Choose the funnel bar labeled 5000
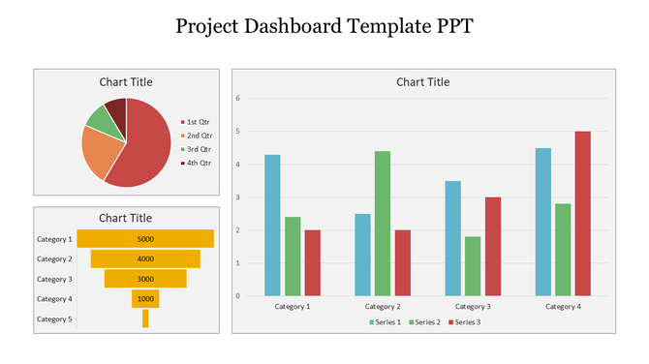click(x=145, y=238)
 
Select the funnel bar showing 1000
click(x=145, y=299)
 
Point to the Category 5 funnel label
click(x=54, y=319)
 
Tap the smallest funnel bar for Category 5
click(x=145, y=318)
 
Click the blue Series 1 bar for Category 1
click(x=272, y=225)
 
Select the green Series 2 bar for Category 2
click(x=383, y=223)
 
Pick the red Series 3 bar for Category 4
click(x=582, y=213)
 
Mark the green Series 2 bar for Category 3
click(x=473, y=265)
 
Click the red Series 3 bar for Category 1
click(x=312, y=262)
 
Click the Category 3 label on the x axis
click(x=473, y=306)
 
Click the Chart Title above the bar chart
click(x=423, y=82)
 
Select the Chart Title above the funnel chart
click(x=126, y=218)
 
